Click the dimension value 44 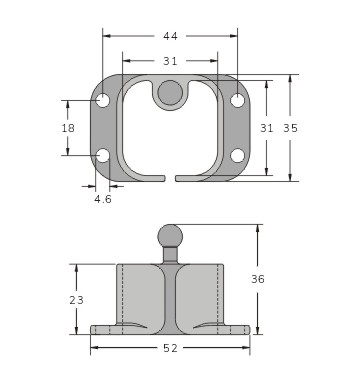pyautogui.click(x=171, y=36)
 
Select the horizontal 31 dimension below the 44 pyautogui.click(x=171, y=61)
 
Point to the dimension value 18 pyautogui.click(x=68, y=128)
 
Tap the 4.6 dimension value pyautogui.click(x=103, y=199)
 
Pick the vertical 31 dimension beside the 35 pyautogui.click(x=267, y=128)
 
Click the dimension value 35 pyautogui.click(x=291, y=128)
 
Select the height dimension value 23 pyautogui.click(x=77, y=299)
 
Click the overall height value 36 pyautogui.click(x=258, y=279)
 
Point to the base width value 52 pyautogui.click(x=170, y=348)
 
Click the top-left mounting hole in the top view pyautogui.click(x=103, y=101)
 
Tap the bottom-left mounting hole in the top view pyautogui.click(x=103, y=155)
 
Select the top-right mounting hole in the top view pyautogui.click(x=237, y=101)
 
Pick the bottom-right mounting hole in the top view pyautogui.click(x=237, y=155)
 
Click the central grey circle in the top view pyautogui.click(x=170, y=93)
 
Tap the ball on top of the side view pyautogui.click(x=170, y=236)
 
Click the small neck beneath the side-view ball pyautogui.click(x=170, y=254)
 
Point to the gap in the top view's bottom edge pyautogui.click(x=170, y=179)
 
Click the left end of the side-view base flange pyautogui.click(x=94, y=329)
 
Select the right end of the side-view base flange pyautogui.click(x=246, y=329)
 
